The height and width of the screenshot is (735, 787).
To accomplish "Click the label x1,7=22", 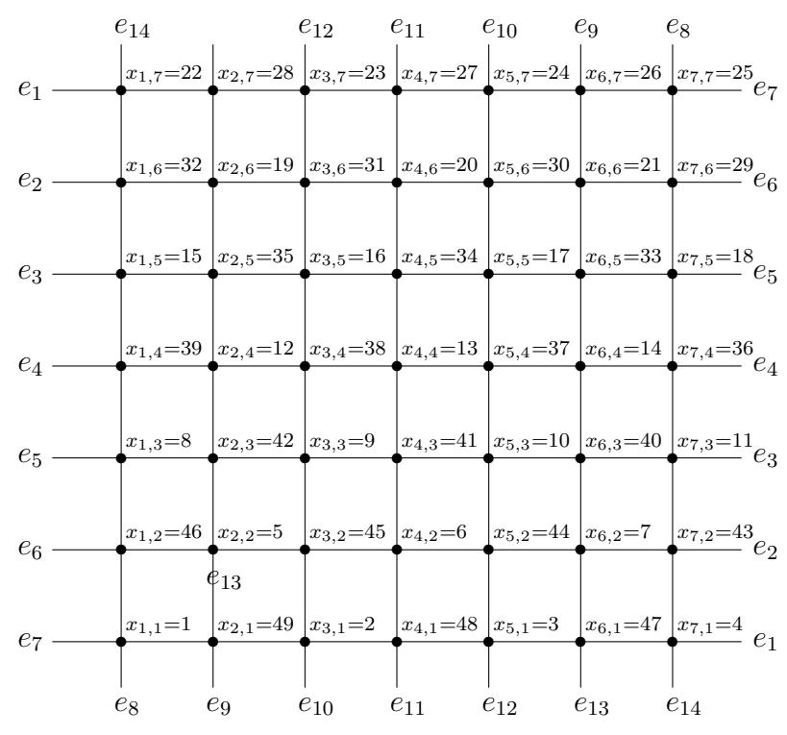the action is point(163,73).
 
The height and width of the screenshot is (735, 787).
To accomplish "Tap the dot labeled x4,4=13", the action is point(397,366).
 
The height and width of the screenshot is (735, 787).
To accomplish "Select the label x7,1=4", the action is point(710,625).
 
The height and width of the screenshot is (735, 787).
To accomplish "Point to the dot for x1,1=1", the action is point(121,642).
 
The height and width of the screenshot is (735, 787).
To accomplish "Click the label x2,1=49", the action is point(256,625).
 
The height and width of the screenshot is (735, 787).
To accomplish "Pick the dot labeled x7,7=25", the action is point(673,90).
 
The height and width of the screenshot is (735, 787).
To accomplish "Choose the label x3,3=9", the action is point(342,441).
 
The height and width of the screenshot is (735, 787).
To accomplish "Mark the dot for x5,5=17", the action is point(488,274).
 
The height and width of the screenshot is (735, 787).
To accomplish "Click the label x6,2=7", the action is point(618,532).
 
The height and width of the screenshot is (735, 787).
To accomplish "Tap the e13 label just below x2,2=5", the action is point(224,579).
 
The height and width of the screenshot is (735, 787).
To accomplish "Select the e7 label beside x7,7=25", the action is point(766,90).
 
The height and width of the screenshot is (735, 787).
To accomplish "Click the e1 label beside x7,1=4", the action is point(766,641).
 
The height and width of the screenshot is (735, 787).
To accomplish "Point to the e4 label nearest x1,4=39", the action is point(30,365).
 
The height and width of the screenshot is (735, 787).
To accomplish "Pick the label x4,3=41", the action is point(439,441).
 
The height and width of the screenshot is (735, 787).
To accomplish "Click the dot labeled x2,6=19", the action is point(212,183).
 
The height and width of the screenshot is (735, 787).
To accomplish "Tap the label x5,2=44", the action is point(531,532).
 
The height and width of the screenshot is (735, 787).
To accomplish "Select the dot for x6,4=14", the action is point(580,366).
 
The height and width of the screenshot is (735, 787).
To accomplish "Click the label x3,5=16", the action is point(347,257).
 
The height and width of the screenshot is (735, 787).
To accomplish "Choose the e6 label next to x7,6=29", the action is point(766,183).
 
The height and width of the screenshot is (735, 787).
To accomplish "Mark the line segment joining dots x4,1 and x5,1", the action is point(443,642).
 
